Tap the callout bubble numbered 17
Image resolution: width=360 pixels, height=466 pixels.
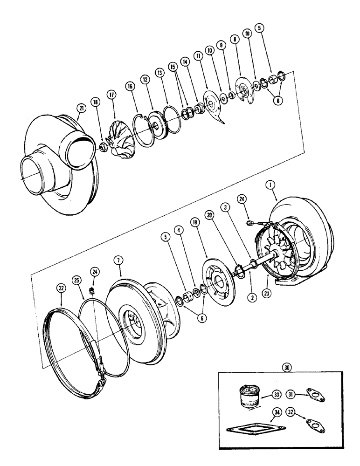coord(112,93)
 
